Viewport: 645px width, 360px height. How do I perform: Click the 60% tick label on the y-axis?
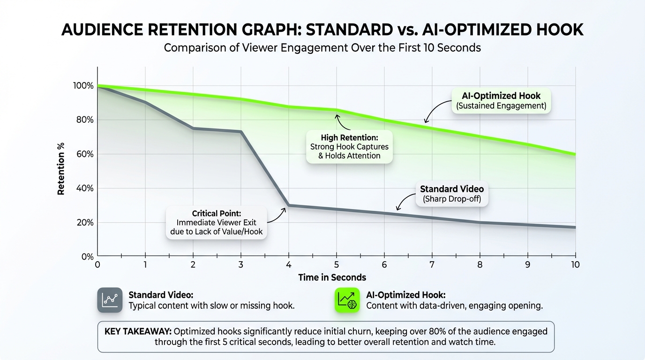pyautogui.click(x=84, y=154)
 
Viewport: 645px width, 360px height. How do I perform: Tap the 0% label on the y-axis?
pyautogui.click(x=88, y=256)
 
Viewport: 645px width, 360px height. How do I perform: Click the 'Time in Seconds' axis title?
pyautogui.click(x=332, y=277)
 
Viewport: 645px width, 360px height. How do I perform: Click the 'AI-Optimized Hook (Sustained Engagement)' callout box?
pyautogui.click(x=501, y=101)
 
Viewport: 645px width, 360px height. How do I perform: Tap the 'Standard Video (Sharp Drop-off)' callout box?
pyautogui.click(x=451, y=194)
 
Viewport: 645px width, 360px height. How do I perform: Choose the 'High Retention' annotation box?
pyautogui.click(x=349, y=146)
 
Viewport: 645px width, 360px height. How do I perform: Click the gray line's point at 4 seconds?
pyautogui.click(x=288, y=205)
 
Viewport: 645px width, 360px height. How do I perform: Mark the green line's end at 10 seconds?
pyautogui.click(x=575, y=154)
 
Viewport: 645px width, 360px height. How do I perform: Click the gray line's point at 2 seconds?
pyautogui.click(x=193, y=128)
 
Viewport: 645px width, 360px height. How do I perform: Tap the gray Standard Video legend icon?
pyautogui.click(x=110, y=300)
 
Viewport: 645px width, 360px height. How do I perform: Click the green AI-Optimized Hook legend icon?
pyautogui.click(x=347, y=300)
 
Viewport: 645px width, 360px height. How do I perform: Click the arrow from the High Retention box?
pyautogui.click(x=341, y=122)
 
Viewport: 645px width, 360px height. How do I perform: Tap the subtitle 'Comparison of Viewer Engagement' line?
pyautogui.click(x=322, y=47)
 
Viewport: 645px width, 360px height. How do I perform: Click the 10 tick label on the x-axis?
pyautogui.click(x=575, y=264)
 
